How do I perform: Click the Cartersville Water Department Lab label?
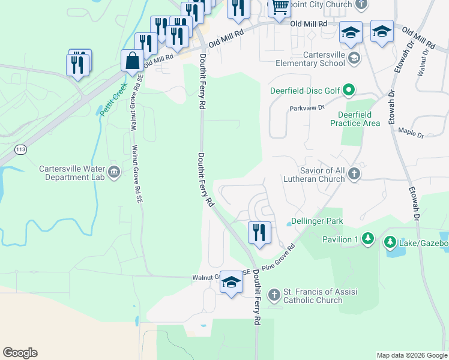pos(71,173)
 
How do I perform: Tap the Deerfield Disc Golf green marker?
pos(349,91)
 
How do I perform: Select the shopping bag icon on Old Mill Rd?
pos(131,60)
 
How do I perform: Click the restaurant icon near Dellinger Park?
pos(259,232)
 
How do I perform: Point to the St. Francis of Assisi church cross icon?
pos(274,295)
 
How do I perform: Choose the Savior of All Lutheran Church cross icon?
pos(354,174)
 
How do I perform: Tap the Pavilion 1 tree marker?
pos(367,239)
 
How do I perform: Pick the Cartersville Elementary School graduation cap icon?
pos(354,58)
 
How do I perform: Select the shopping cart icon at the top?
pos(279,8)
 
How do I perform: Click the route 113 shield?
pos(21,149)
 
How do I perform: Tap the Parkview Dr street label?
pos(307,108)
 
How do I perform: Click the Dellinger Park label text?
pos(317,221)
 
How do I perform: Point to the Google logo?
pos(20,353)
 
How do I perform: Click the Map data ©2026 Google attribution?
pos(412,355)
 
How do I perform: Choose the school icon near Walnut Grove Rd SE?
pos(231,283)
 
